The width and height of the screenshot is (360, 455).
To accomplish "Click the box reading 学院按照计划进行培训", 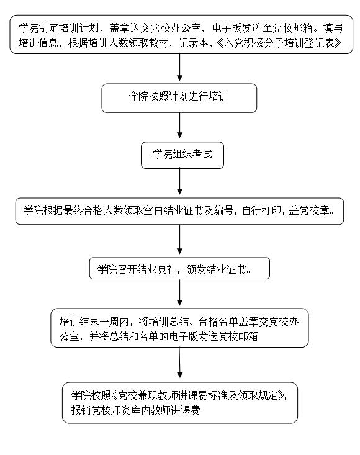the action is coord(179,98).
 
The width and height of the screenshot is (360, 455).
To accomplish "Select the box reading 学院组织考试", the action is coord(182,155).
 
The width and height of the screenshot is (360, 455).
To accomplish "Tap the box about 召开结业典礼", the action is coord(179,268).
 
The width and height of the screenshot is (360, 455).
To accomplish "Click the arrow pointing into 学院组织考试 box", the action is coord(179,125).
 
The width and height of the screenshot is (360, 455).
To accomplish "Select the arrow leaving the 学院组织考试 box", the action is coord(179,181).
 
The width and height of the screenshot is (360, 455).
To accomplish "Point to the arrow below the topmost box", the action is coord(179,67).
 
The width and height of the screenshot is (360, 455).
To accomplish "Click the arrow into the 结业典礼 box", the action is coord(179,240).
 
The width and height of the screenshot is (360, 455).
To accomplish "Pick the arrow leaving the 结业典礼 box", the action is coord(179,292).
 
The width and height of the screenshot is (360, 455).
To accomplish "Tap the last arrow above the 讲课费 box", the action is coord(179,363).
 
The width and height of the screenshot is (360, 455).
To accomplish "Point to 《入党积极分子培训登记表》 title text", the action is coord(279,43).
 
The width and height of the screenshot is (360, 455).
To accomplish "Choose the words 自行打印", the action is coord(261,210).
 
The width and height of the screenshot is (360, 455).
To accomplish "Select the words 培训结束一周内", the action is coord(94,322).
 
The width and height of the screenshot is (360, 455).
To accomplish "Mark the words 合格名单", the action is coord(218,322).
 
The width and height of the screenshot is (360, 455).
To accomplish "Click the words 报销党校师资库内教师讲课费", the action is coord(135,410).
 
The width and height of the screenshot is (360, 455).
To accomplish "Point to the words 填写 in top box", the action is coord(333,28).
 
